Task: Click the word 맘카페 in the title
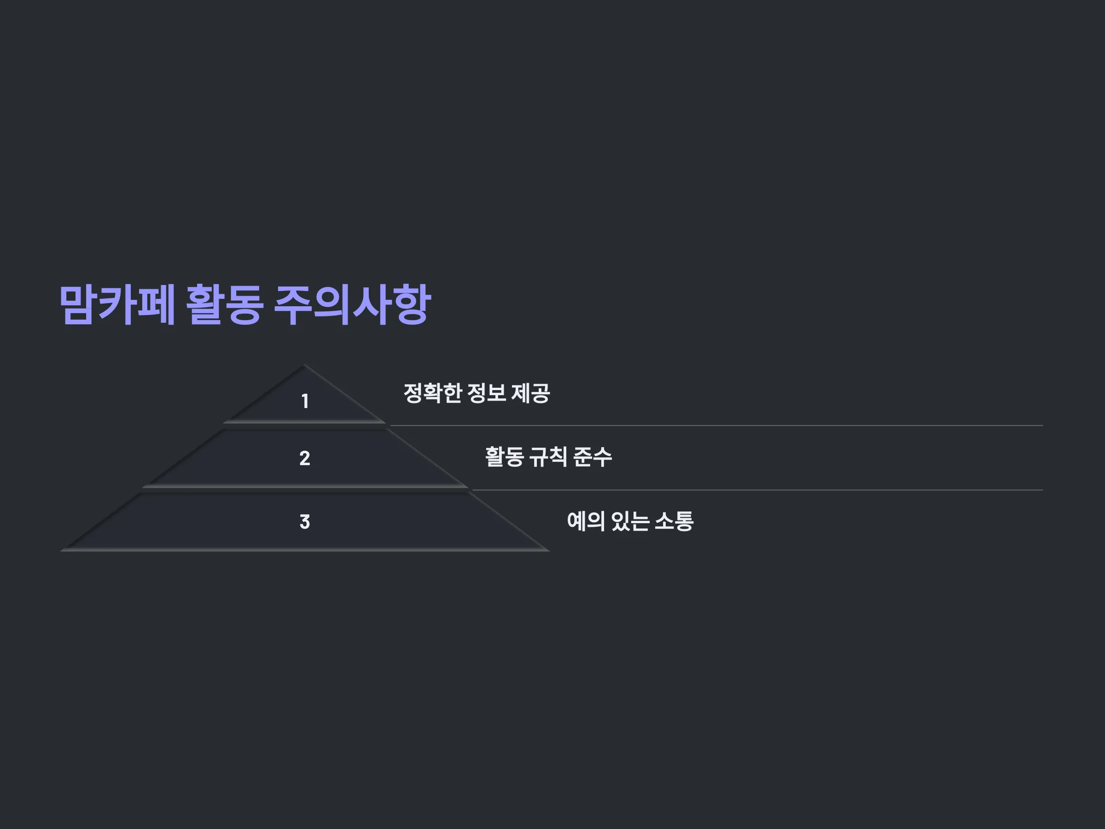[x=117, y=304]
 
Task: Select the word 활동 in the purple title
[x=224, y=304]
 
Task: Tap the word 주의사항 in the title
[x=352, y=304]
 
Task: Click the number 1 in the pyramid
[x=305, y=401]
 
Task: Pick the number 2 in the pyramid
[x=305, y=458]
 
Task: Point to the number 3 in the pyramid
[x=305, y=522]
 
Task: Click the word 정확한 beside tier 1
[x=433, y=393]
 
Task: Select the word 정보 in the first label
[x=487, y=393]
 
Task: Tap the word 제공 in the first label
[x=530, y=393]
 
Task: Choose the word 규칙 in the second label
[x=548, y=457]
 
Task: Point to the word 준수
[x=593, y=457]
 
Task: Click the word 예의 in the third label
[x=586, y=521]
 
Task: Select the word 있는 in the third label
[x=630, y=521]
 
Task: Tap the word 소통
[x=674, y=521]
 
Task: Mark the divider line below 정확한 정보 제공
[x=717, y=426]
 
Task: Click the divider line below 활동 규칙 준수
[x=758, y=490]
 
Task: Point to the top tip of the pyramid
[x=304, y=365]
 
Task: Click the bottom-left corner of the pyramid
[x=60, y=551]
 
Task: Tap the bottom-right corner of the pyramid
[x=549, y=551]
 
